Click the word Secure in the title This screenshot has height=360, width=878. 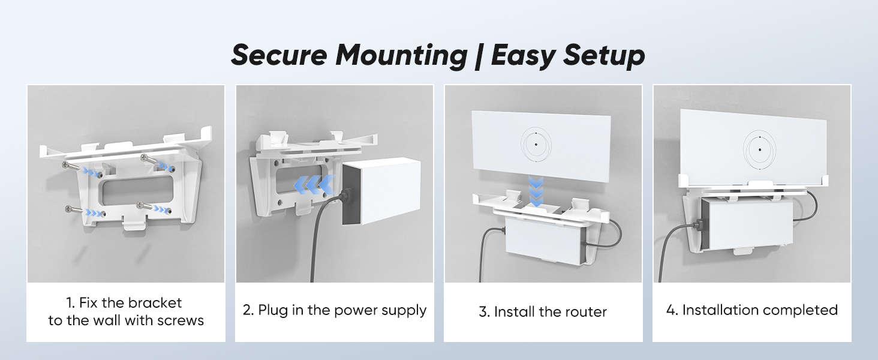279,55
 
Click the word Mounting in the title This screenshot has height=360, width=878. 401,55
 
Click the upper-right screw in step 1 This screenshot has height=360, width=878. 150,160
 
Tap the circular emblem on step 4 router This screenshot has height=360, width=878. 760,148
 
